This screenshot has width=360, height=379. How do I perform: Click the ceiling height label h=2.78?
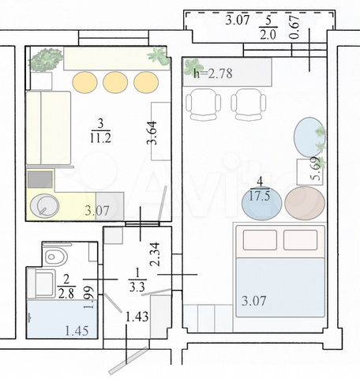coord(213,73)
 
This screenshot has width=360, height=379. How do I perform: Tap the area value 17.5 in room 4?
coord(260,196)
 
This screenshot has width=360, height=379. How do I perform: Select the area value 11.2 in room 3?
coord(100,137)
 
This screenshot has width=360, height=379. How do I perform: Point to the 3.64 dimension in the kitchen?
coord(152,133)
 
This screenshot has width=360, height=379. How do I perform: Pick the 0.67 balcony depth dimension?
coord(294,27)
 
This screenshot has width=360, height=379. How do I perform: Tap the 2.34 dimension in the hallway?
coord(154,254)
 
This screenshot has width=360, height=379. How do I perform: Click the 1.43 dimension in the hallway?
coord(137,317)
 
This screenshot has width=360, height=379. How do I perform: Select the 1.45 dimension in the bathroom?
coord(77,331)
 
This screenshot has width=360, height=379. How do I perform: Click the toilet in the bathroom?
coord(56,256)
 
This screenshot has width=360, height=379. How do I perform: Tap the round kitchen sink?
coord(44,205)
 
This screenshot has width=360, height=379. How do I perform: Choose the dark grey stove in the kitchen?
coord(40,179)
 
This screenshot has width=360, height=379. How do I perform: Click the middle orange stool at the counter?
coord(115,82)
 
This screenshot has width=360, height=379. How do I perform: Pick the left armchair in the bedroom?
coord(203,104)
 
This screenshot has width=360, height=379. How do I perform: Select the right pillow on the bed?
coord(301,240)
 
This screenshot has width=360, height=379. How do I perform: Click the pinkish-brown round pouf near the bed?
coord(305,203)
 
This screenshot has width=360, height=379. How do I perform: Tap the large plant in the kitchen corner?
coord(45,60)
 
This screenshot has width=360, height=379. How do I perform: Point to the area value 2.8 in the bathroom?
coord(66,294)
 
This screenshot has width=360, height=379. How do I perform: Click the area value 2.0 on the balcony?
coord(268,34)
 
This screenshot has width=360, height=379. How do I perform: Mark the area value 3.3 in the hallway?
coord(137,287)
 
